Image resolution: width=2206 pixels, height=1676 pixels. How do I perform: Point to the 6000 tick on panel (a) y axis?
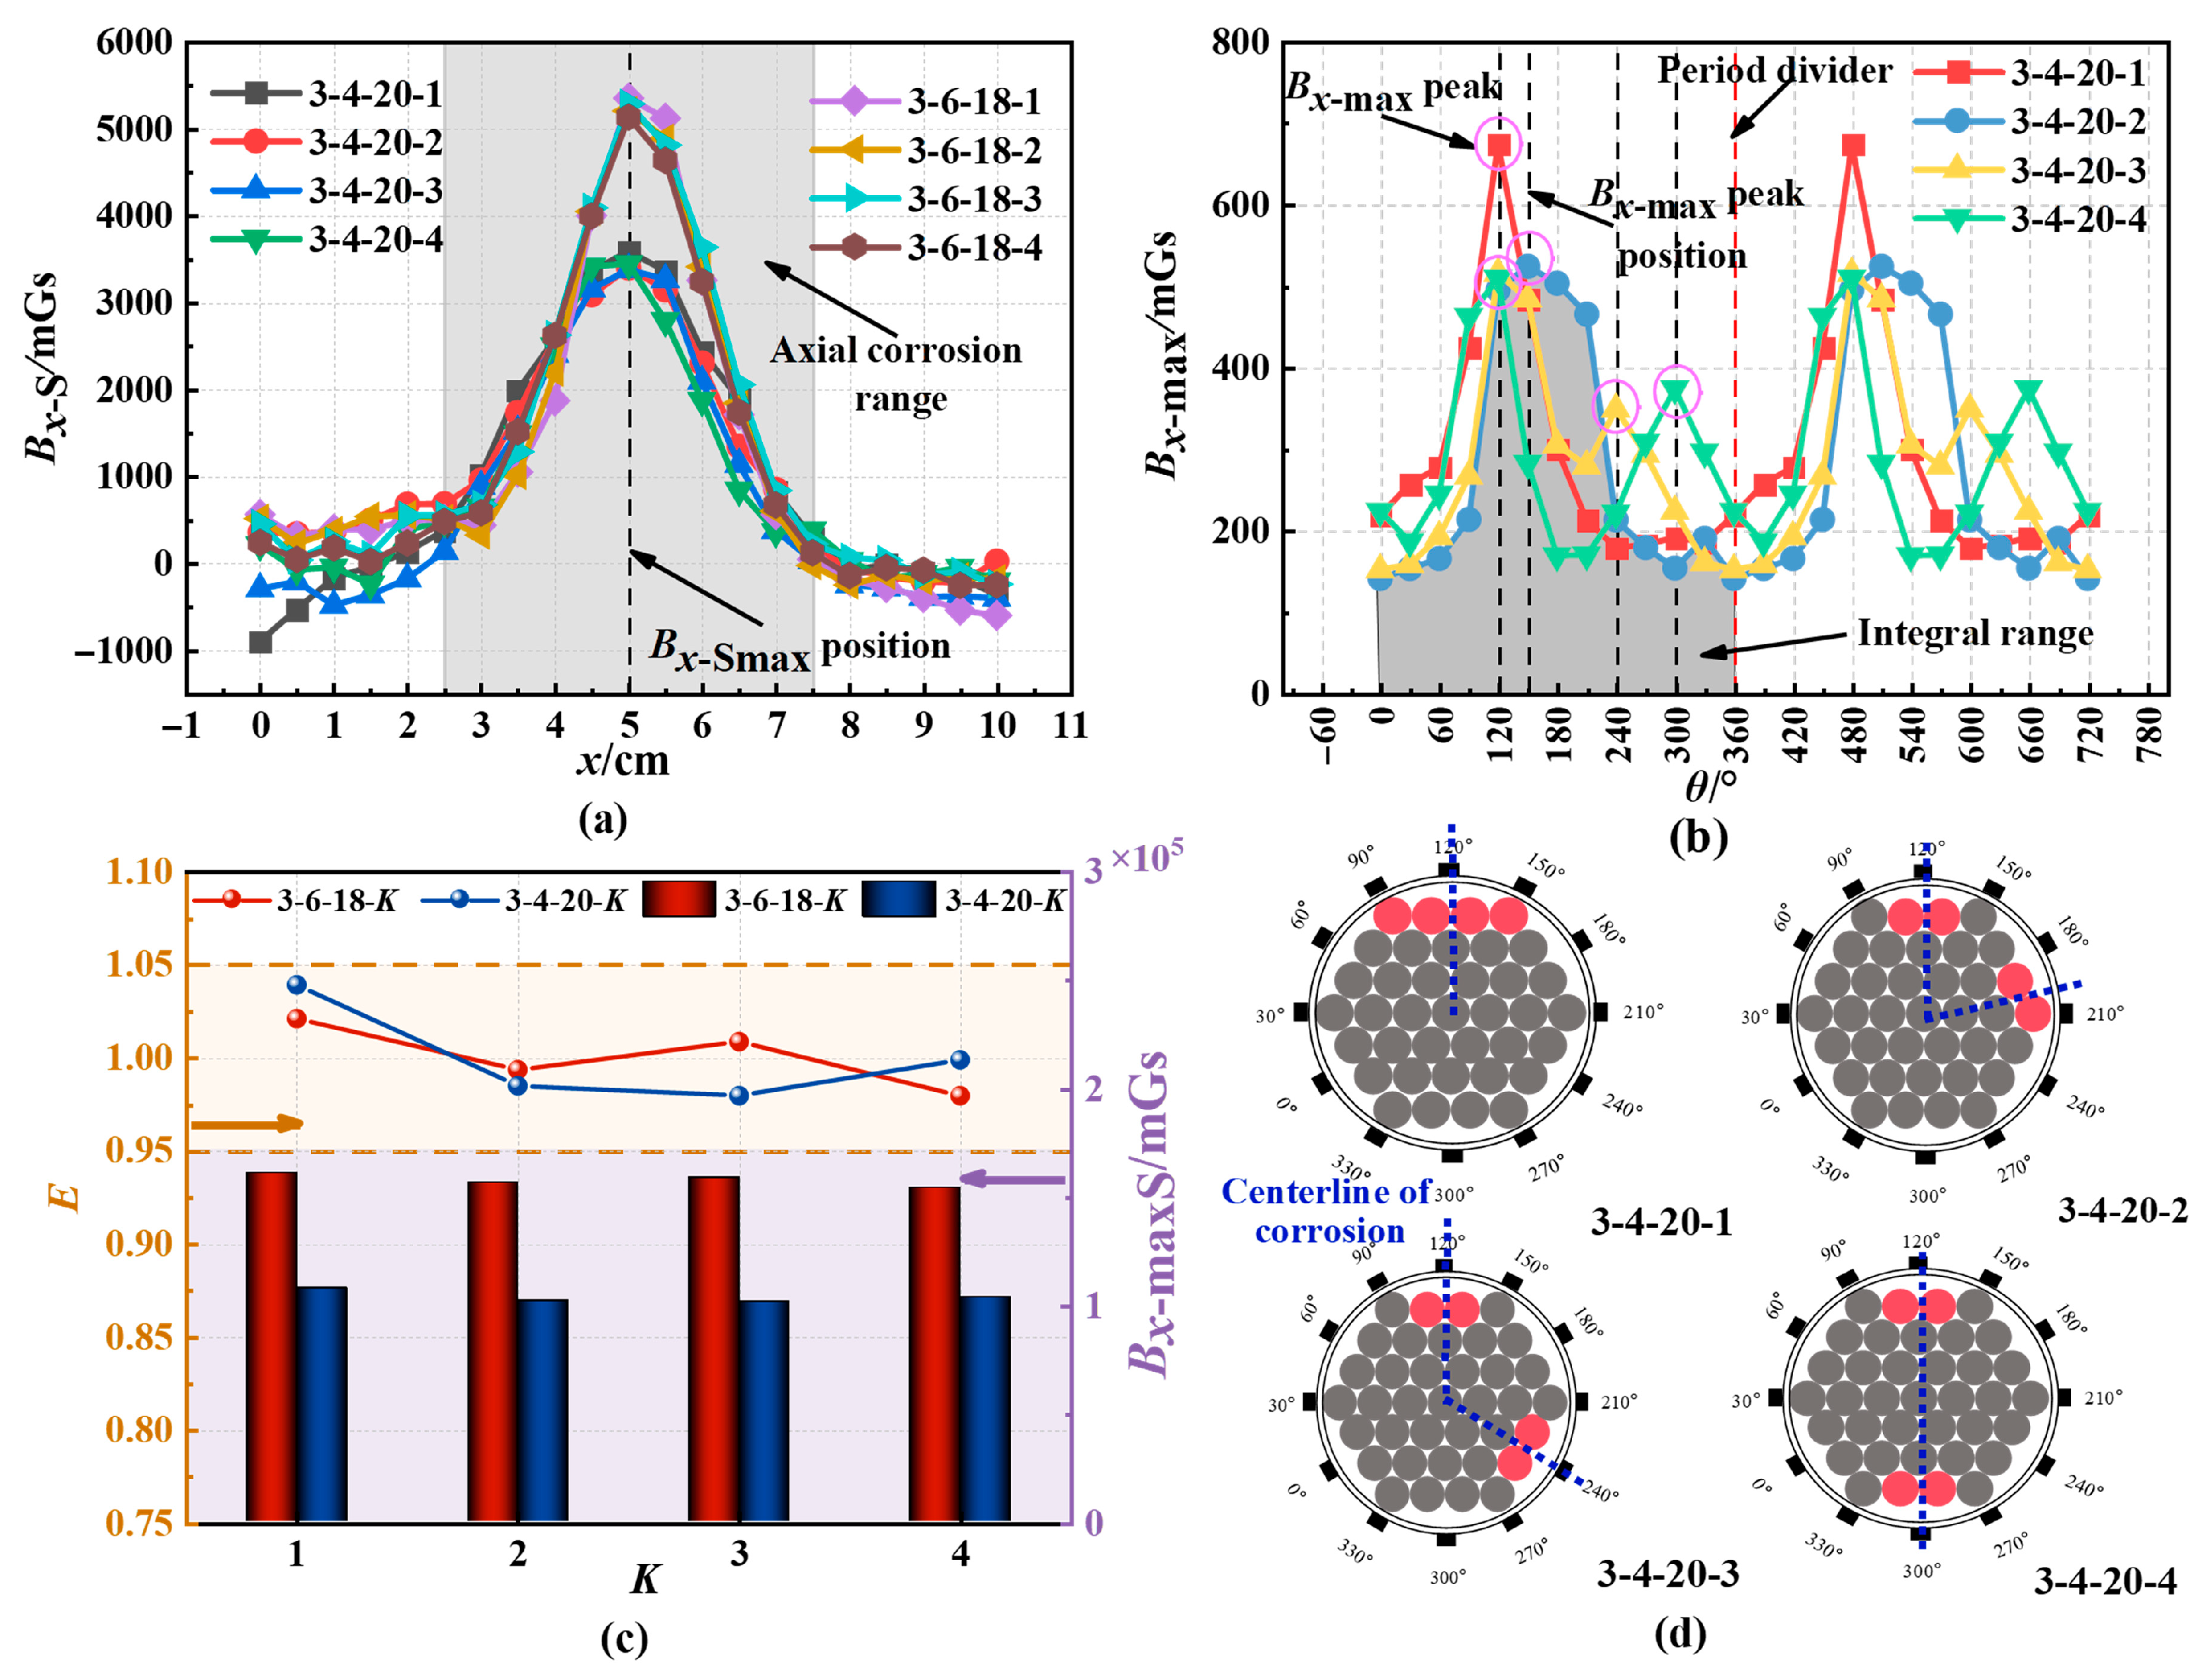click(x=134, y=43)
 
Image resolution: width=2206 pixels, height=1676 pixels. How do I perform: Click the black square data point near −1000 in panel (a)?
click(x=260, y=642)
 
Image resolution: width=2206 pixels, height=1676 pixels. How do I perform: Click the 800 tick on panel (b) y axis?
click(x=1240, y=43)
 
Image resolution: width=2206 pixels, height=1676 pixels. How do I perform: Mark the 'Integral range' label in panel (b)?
click(x=1974, y=633)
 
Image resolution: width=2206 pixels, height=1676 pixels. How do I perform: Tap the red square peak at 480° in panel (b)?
click(x=1853, y=146)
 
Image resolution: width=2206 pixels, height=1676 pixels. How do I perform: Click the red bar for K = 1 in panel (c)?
click(x=272, y=1347)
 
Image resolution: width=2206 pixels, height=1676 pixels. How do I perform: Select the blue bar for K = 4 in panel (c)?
click(x=984, y=1409)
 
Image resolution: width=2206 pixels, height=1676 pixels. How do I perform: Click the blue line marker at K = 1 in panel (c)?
click(x=296, y=984)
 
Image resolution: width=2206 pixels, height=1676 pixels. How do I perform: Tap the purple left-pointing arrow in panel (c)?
click(x=1012, y=1179)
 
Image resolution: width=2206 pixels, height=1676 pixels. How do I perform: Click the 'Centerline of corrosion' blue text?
click(x=1327, y=1211)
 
